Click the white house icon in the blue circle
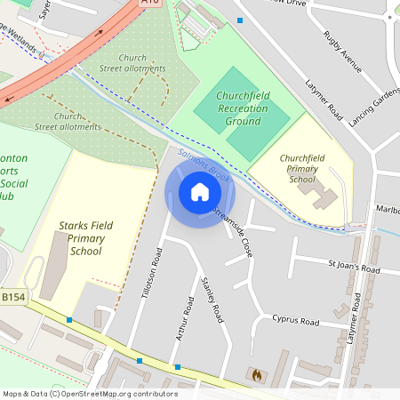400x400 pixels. pyautogui.click(x=200, y=192)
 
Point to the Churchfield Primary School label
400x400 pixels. pyautogui.click(x=302, y=168)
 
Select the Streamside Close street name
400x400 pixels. pyautogui.click(x=236, y=232)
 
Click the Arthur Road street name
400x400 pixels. pyautogui.click(x=188, y=317)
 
